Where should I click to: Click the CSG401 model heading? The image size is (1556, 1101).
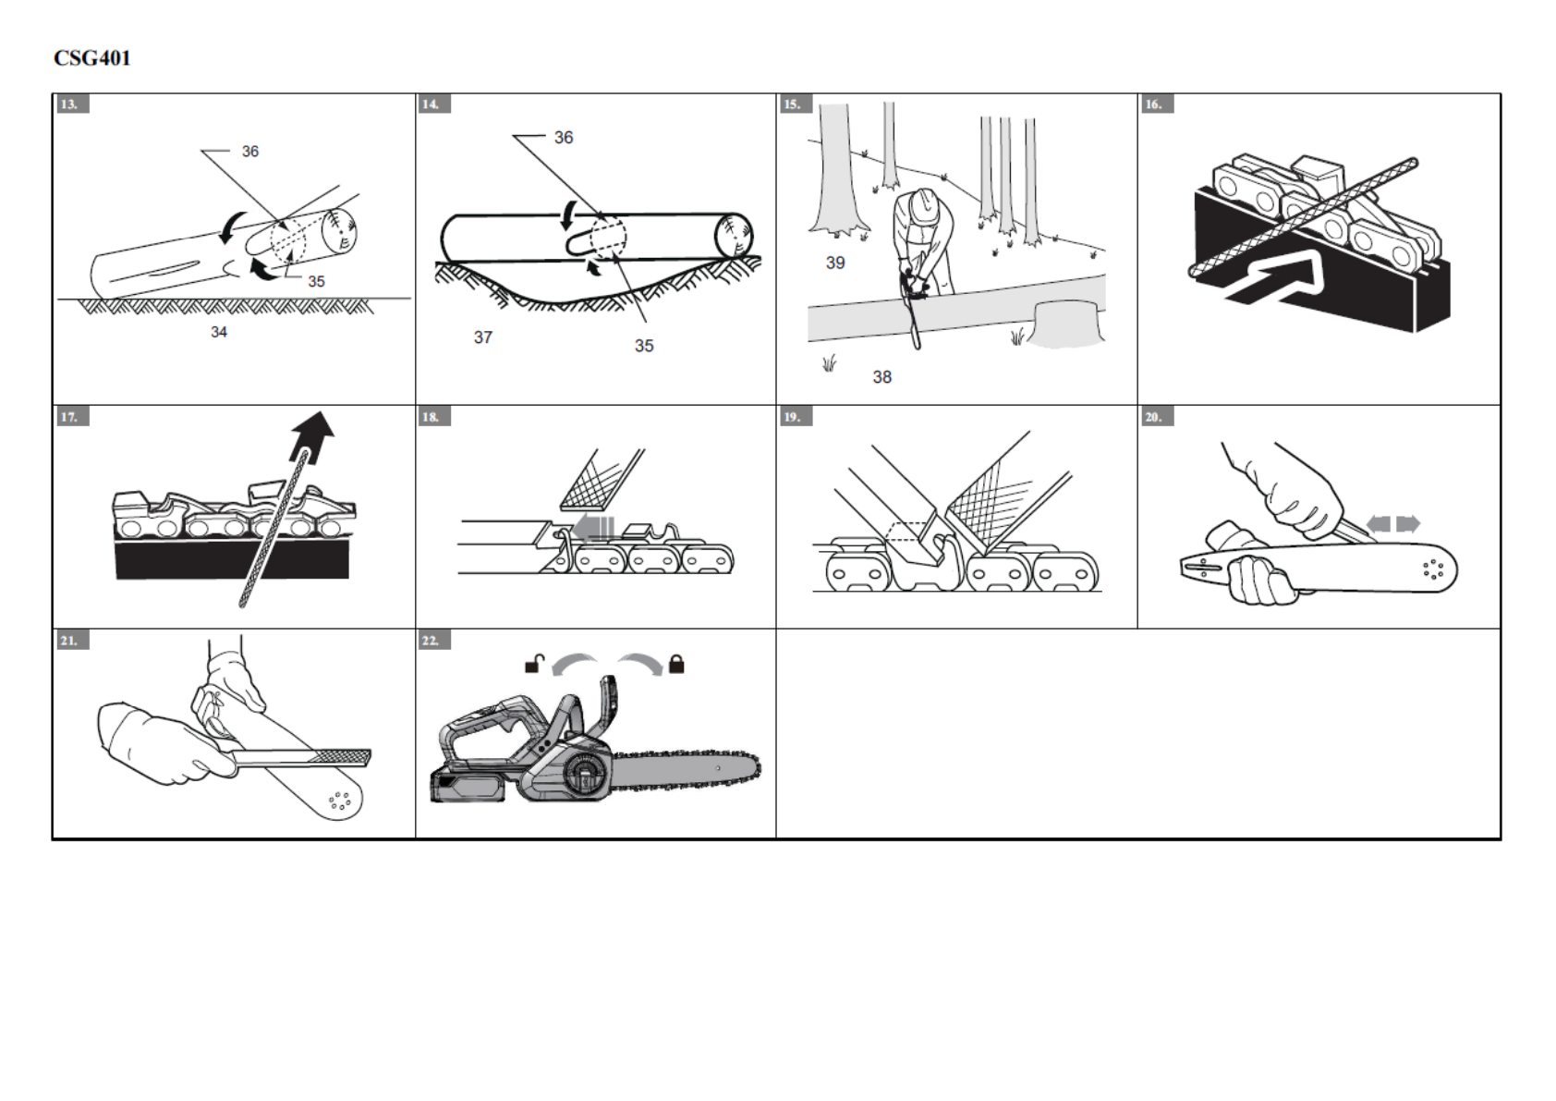pyautogui.click(x=92, y=58)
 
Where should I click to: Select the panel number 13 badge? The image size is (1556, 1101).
pyautogui.click(x=70, y=104)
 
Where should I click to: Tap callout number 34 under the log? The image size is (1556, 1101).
pyautogui.click(x=219, y=332)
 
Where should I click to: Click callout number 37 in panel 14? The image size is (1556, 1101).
pyautogui.click(x=482, y=337)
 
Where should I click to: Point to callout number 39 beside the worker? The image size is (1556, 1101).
pyautogui.click(x=835, y=263)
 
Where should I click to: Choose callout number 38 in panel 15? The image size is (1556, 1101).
pyautogui.click(x=881, y=377)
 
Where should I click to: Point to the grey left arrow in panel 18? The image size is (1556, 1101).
pyautogui.click(x=592, y=528)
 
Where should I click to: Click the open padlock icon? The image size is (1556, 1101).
pyautogui.click(x=533, y=664)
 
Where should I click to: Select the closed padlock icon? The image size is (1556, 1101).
pyautogui.click(x=676, y=664)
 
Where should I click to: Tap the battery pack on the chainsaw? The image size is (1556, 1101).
pyautogui.click(x=468, y=785)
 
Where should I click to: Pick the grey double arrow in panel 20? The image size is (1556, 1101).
pyautogui.click(x=1393, y=524)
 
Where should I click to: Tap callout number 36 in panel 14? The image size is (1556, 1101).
pyautogui.click(x=564, y=138)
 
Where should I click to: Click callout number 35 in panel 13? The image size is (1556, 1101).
pyautogui.click(x=316, y=281)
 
